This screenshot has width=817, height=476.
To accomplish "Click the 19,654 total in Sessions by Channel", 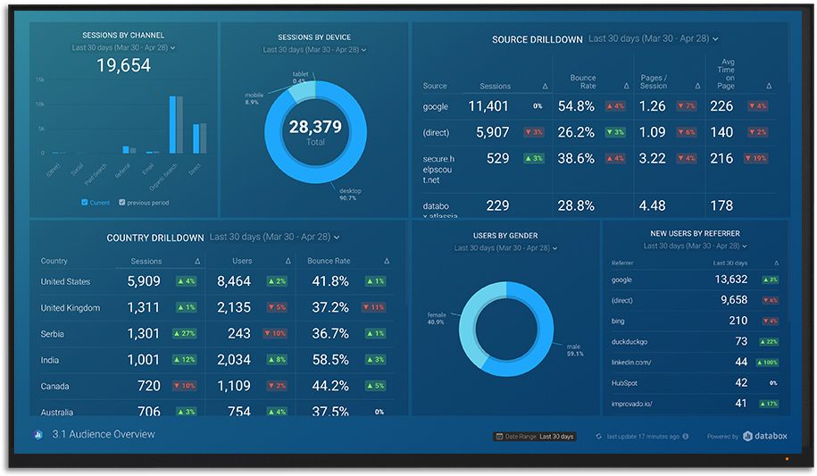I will [x=123, y=65].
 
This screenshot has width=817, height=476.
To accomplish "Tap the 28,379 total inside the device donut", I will [x=314, y=128].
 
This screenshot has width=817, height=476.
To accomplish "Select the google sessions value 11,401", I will [x=488, y=106].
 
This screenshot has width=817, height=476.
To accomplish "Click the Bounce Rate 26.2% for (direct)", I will [x=576, y=132].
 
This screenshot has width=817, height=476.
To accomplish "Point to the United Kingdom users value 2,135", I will [x=234, y=308].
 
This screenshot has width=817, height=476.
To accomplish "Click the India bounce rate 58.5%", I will [x=329, y=360].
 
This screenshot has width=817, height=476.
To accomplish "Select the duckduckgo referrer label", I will [x=629, y=341].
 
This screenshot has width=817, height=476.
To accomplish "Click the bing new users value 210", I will [x=738, y=321].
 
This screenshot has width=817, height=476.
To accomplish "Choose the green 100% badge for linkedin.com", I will [x=767, y=363].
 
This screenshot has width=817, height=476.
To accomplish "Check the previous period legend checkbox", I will [x=122, y=203].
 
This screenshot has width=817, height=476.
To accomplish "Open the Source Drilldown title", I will [x=537, y=40].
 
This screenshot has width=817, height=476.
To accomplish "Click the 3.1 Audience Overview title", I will [x=103, y=435].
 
